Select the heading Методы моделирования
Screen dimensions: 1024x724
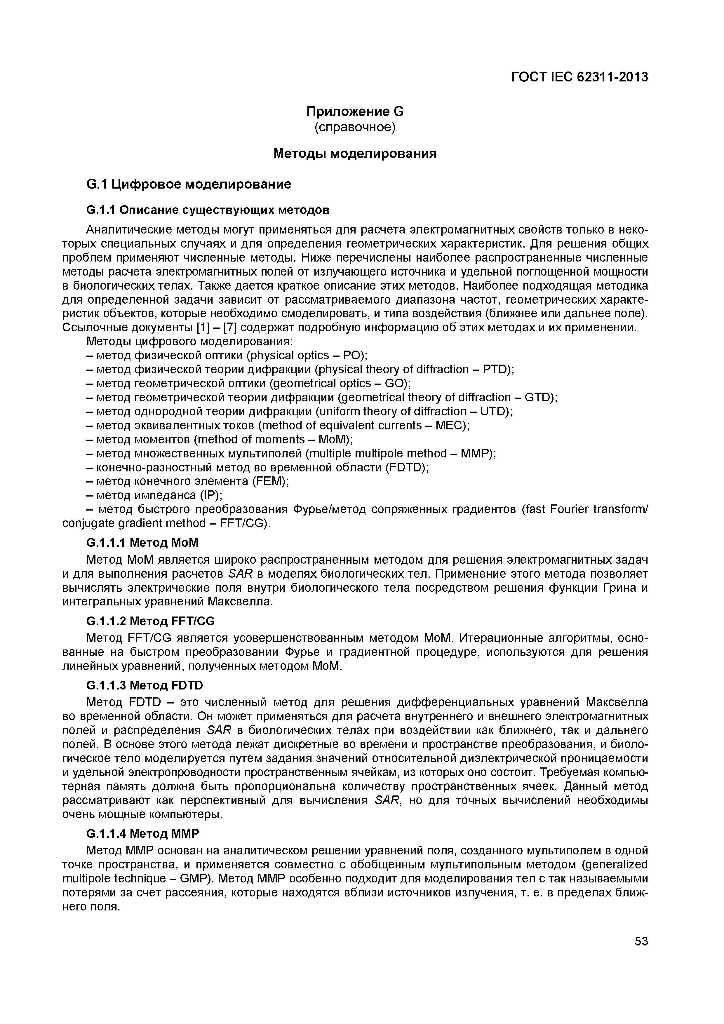coord(355,154)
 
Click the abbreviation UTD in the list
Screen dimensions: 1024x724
coord(494,411)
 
